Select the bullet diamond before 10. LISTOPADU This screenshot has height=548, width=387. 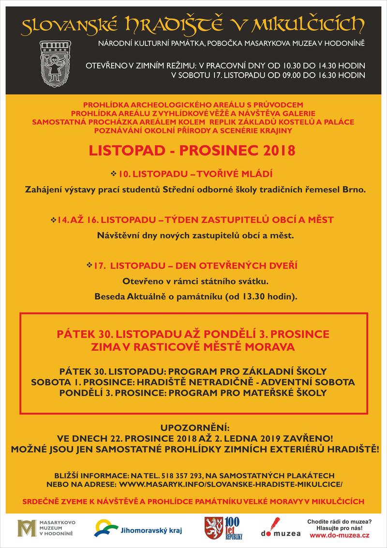(114, 173)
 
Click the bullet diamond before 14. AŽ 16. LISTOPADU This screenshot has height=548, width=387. (53, 219)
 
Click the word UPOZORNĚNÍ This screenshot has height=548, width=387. (193, 428)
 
